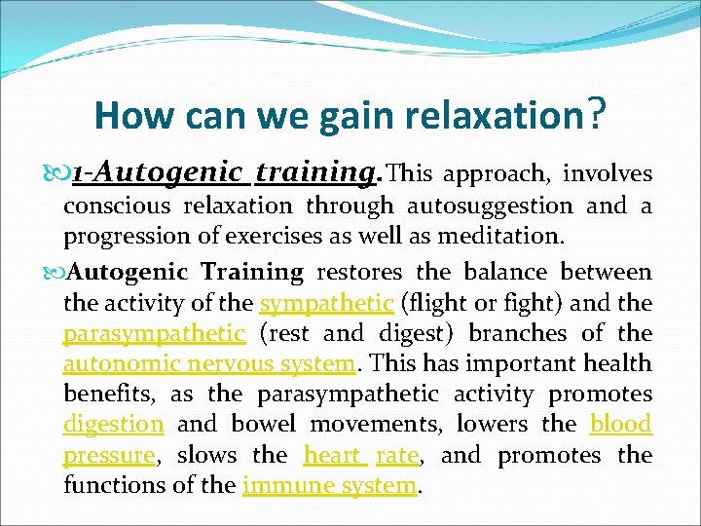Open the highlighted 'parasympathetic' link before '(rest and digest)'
[154, 333]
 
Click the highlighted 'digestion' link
[114, 424]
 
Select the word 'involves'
[609, 173]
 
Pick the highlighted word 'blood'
[620, 424]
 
